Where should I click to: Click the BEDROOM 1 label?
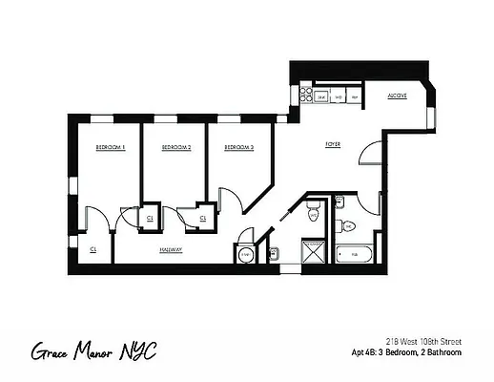111,148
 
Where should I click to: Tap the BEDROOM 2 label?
175,148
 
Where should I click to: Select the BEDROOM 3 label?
238,148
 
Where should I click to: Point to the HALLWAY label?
172,249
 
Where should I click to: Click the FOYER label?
333,144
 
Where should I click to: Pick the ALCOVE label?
398,96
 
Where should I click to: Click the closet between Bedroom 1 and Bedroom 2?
150,219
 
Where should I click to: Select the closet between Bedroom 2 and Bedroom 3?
203,219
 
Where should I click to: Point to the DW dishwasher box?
339,95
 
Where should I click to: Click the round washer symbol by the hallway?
245,254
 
